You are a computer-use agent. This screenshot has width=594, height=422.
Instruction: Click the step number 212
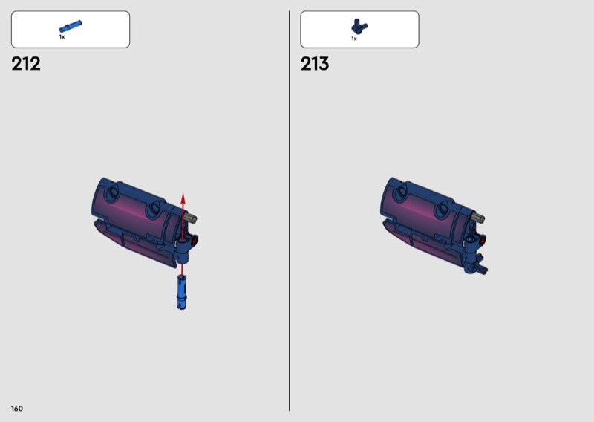point(26,64)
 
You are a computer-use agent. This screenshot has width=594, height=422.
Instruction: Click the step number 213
point(315,64)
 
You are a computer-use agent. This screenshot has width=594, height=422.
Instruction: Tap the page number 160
point(17,409)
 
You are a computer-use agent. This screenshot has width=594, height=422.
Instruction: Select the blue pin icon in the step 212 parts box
point(71,27)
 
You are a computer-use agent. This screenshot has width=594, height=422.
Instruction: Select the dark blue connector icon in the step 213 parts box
point(359,27)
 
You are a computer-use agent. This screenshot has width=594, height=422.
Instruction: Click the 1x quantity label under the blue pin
point(62,37)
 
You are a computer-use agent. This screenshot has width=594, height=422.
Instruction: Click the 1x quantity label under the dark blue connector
point(354,39)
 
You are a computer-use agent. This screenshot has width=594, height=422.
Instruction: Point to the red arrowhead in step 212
point(183,198)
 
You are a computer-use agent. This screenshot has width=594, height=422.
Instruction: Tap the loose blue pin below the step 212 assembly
point(181,292)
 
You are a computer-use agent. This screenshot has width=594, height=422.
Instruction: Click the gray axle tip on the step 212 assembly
point(191,218)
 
